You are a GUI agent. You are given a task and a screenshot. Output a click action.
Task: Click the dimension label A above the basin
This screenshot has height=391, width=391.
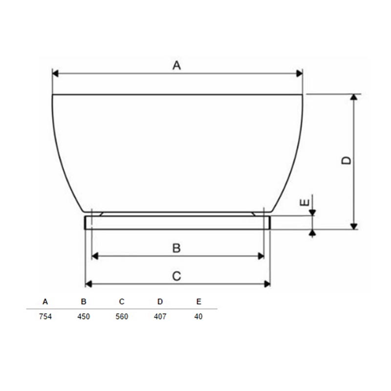[176, 65]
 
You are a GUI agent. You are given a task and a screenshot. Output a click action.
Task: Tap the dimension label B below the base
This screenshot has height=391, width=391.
[176, 248]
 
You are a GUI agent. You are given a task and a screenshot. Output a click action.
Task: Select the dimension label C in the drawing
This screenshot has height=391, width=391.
[176, 276]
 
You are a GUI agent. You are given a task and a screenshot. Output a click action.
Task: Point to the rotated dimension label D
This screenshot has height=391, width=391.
[346, 160]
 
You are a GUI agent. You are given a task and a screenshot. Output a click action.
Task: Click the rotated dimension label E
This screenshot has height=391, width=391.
[304, 202]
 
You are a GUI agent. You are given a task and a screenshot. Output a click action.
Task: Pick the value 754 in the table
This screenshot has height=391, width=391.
[45, 316]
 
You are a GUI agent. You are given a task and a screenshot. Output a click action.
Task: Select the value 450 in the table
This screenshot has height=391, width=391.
[84, 316]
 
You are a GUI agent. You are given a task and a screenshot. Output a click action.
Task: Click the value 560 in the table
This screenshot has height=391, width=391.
[122, 316]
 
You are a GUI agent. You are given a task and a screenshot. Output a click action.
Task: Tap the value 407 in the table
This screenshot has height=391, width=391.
[160, 316]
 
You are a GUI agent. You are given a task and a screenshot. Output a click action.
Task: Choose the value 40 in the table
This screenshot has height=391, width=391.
[198, 316]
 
